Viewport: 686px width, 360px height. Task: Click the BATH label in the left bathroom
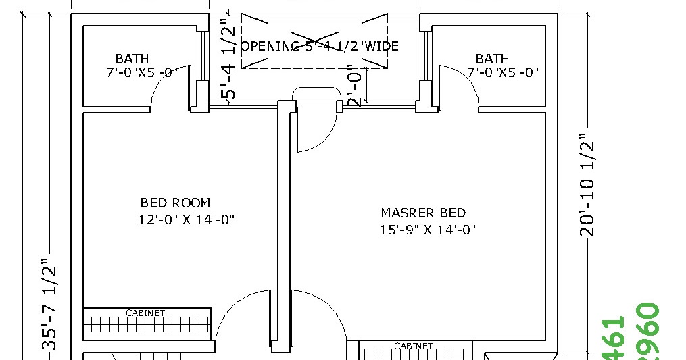coord(132,59)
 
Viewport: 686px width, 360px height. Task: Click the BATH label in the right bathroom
coord(492,59)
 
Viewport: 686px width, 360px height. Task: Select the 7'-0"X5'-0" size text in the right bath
coord(502,72)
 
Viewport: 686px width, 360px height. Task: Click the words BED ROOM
coord(175,203)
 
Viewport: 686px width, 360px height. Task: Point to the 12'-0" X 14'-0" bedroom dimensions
coord(187,220)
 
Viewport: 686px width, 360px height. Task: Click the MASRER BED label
coord(423,213)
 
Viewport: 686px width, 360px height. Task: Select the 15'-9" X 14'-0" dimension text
coord(428,230)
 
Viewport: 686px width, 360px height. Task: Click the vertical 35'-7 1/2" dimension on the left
coord(49,304)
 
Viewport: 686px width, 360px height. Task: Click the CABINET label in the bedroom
coord(145,313)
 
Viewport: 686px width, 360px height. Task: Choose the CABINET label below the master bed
coord(413,346)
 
